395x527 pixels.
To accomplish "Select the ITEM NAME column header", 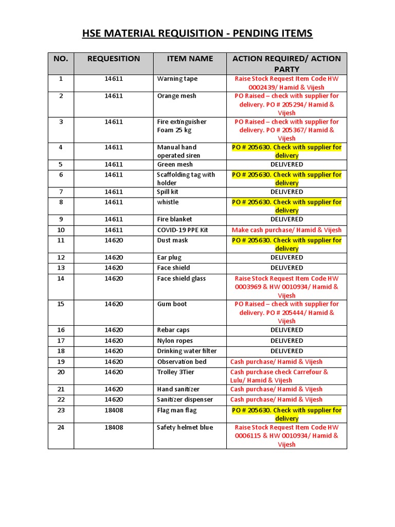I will [190, 59].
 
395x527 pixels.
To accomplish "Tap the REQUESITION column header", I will [114, 59].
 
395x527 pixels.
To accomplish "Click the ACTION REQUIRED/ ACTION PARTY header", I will [286, 63].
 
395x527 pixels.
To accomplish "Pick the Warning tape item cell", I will [177, 79].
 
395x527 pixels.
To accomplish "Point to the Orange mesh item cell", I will [176, 96].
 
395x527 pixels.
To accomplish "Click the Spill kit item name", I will [168, 191].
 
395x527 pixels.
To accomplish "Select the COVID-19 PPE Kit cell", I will [183, 230].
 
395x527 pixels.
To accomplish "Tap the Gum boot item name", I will [172, 304].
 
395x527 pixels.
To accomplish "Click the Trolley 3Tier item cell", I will [175, 372].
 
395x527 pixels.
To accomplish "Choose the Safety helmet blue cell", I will [185, 427].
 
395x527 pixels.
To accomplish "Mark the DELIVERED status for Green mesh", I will [286, 164].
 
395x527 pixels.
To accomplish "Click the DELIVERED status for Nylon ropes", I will [286, 341].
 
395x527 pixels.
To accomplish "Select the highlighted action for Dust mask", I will [286, 244].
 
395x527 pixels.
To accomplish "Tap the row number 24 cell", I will [61, 427].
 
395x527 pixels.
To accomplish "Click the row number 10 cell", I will [61, 230].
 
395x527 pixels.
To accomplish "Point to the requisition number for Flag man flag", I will [114, 410].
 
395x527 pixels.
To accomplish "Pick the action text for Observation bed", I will [276, 362].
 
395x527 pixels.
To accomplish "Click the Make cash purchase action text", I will [286, 230].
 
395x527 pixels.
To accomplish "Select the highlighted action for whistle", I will [286, 206].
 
